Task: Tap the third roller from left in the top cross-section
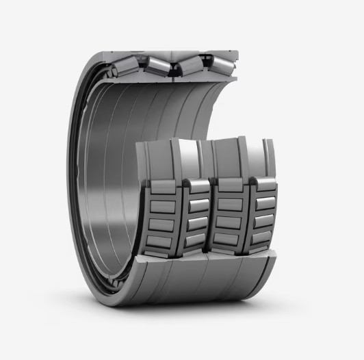(190, 64)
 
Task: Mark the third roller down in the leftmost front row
(164, 225)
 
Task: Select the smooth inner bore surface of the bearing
(116, 171)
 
